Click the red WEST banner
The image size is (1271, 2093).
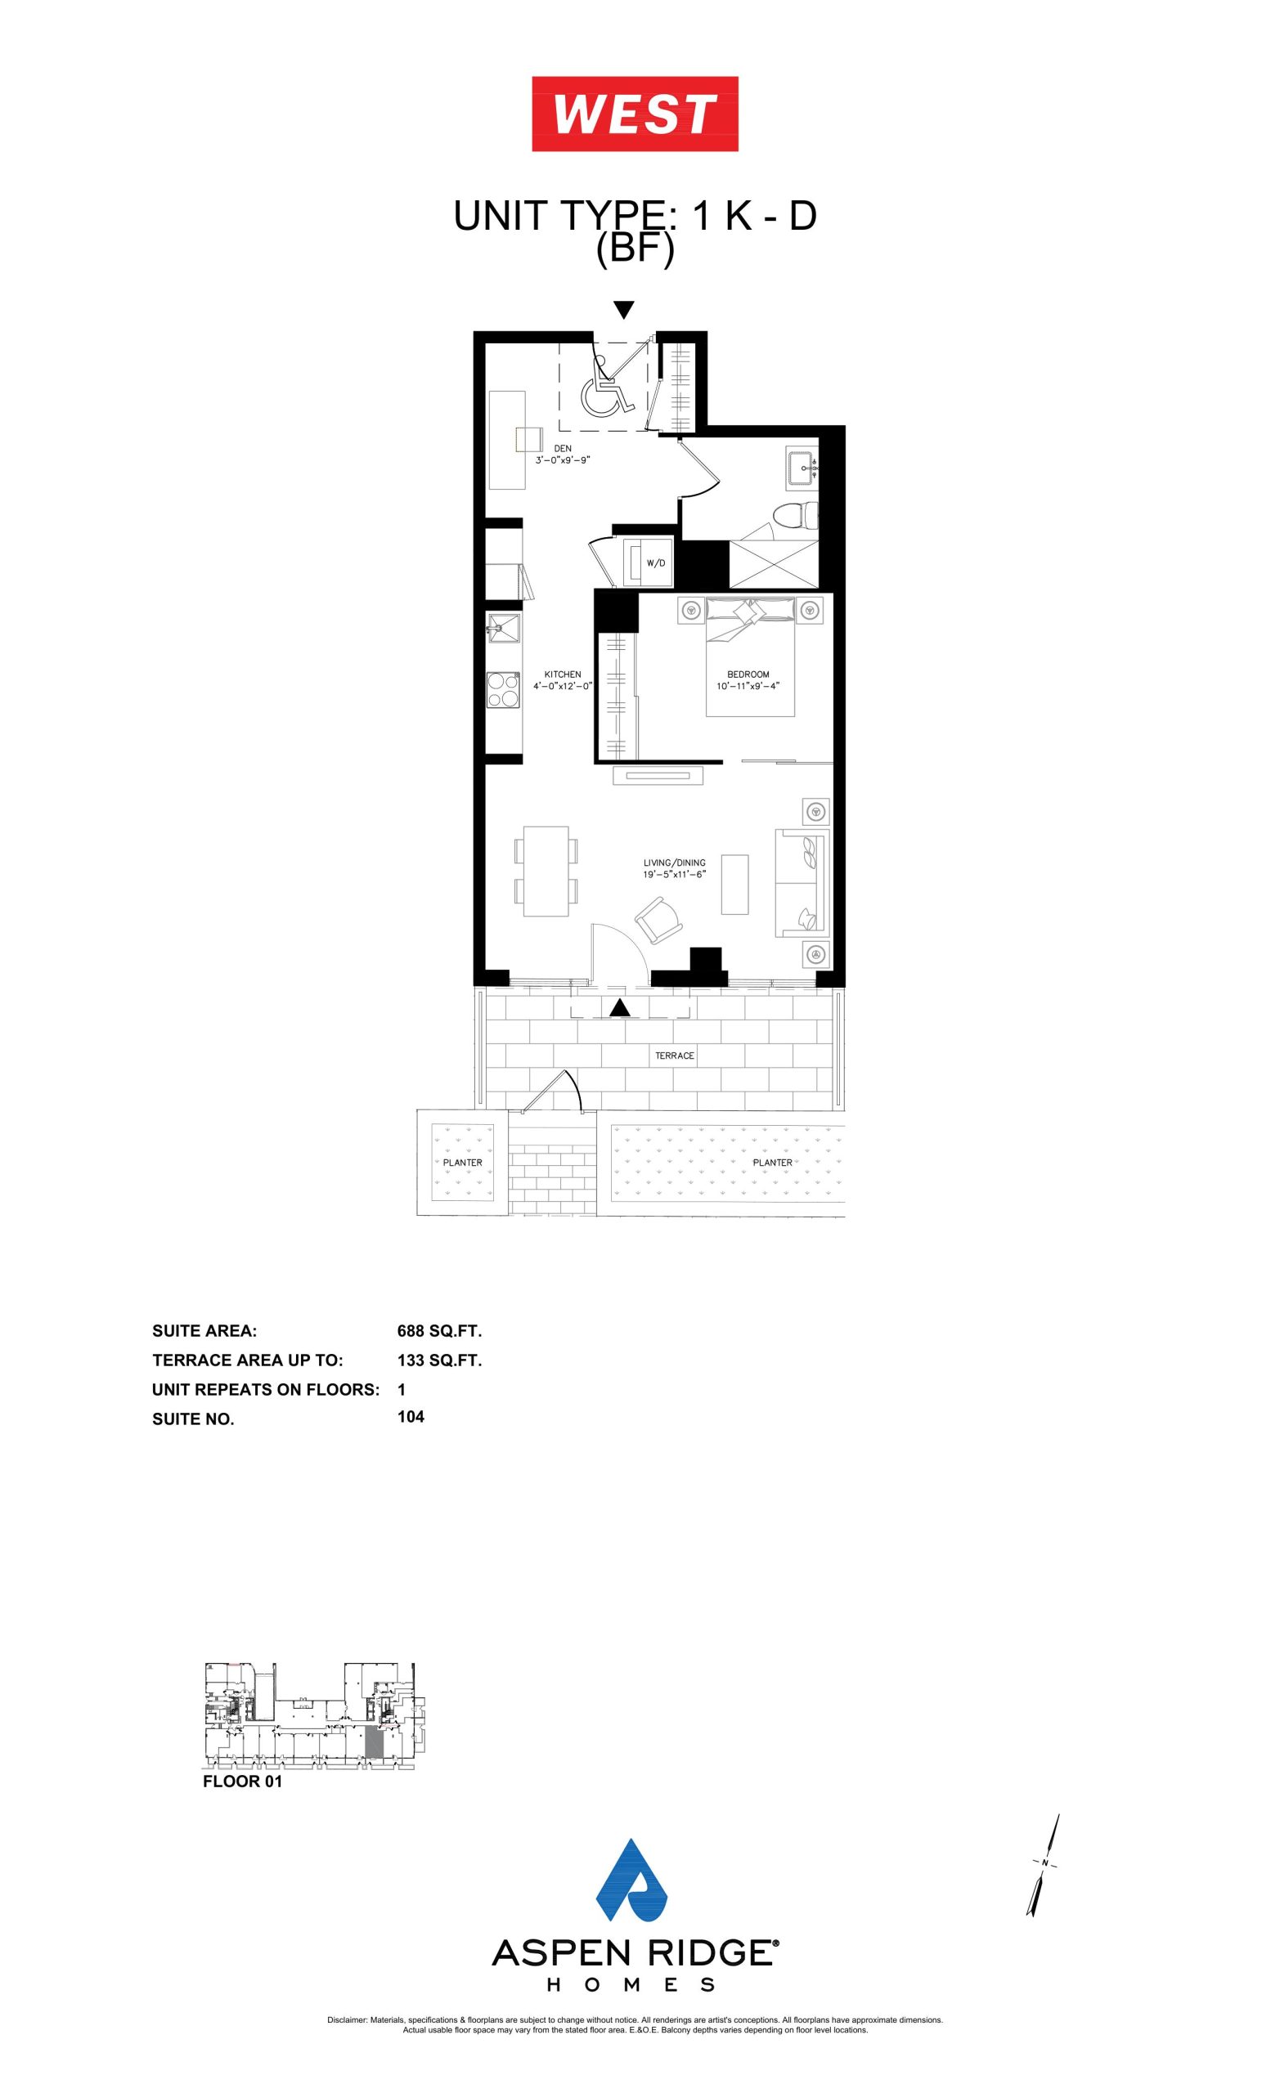coord(635,114)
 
